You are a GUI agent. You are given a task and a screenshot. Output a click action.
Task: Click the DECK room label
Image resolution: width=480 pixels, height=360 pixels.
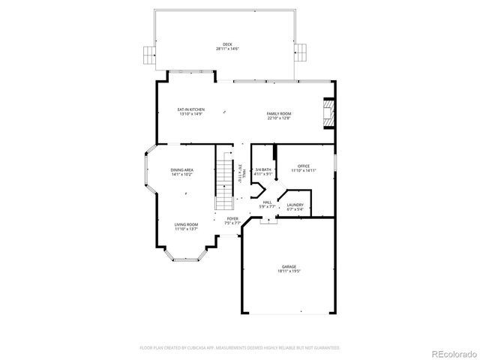(x=226, y=44)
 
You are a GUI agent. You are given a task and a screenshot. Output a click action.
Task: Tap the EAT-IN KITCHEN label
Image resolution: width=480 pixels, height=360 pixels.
(x=191, y=109)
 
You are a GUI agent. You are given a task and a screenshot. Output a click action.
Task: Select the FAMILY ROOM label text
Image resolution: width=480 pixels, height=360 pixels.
(x=278, y=113)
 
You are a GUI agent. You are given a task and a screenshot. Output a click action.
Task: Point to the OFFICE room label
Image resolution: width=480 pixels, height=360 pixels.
(x=303, y=166)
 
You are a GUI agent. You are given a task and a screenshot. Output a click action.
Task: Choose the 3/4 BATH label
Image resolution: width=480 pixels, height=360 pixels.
(x=262, y=169)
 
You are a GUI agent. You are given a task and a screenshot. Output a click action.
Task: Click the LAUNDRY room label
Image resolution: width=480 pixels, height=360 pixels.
(x=295, y=205)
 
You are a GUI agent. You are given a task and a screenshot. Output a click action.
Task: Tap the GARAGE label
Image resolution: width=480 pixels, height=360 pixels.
(x=289, y=266)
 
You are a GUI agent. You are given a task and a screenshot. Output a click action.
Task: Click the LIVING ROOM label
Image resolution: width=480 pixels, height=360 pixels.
(x=186, y=224)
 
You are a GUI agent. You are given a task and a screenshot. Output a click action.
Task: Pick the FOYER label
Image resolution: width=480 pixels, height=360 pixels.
(x=233, y=218)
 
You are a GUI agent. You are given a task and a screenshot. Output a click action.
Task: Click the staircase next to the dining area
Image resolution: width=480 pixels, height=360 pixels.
(x=225, y=180)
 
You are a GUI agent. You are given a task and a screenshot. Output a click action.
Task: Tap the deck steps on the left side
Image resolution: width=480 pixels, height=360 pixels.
(x=148, y=53)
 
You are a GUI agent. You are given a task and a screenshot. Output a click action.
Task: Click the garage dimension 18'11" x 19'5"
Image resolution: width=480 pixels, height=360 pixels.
(x=289, y=271)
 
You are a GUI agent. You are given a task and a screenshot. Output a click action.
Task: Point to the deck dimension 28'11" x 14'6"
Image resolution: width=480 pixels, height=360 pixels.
(x=226, y=49)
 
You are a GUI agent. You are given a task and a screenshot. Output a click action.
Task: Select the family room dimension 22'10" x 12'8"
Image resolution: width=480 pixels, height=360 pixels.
(x=278, y=118)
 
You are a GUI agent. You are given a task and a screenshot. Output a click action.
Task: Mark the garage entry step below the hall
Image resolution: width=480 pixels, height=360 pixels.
(x=267, y=220)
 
